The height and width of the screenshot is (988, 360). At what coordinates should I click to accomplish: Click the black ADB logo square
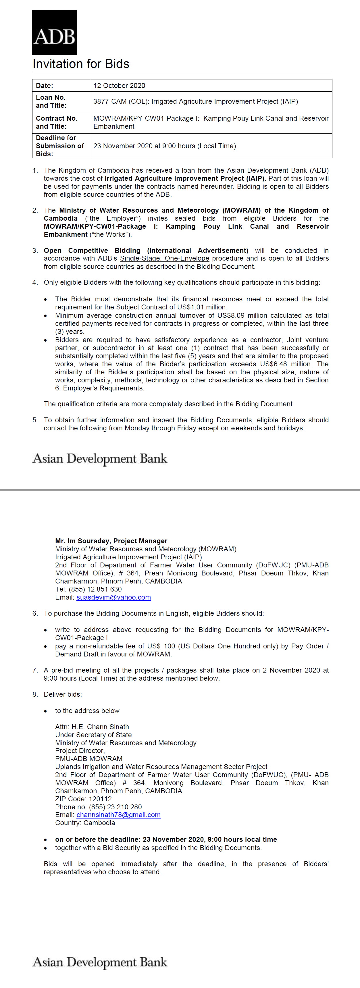54,32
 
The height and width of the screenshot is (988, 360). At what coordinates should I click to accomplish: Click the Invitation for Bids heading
81,64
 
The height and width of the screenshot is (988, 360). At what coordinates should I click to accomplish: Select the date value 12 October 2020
119,86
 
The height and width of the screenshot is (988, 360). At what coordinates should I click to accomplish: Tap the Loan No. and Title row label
51,101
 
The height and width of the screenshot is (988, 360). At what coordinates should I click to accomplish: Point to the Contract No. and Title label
57,122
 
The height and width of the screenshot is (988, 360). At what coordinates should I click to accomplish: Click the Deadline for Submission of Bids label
60,146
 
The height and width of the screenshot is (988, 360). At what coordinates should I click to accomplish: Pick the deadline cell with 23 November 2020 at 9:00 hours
164,146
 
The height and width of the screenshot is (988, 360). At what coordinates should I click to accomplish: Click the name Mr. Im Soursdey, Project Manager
111,541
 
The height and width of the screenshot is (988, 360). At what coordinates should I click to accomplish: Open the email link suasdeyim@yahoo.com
113,597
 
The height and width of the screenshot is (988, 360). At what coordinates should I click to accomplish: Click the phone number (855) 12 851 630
95,589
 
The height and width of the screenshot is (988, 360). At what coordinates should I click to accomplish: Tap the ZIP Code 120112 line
83,799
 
